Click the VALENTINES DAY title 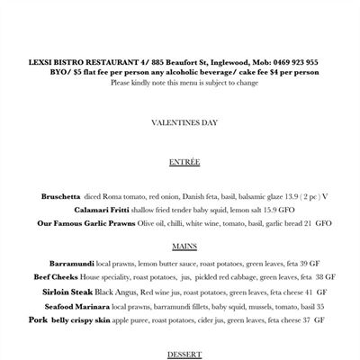(184, 122)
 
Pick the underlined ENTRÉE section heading (184, 162)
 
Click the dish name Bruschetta (61, 196)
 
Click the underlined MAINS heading (184, 245)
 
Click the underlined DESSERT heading (184, 354)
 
